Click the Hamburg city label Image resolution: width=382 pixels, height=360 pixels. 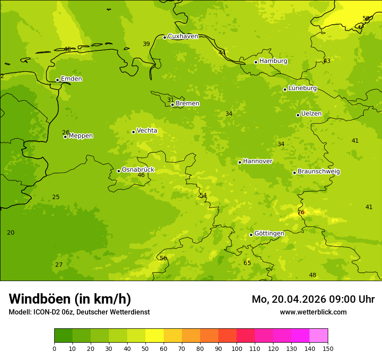click(273, 61)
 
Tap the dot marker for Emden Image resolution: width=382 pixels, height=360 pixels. click(57, 80)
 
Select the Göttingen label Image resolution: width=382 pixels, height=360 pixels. click(269, 234)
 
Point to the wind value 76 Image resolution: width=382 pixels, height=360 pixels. click(301, 213)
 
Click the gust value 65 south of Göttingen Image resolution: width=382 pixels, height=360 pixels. click(247, 263)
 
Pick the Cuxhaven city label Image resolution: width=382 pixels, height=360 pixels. click(183, 36)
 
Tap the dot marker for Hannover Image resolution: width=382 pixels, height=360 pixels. click(240, 162)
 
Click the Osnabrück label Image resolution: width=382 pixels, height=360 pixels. click(138, 170)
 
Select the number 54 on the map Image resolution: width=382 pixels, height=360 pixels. click(203, 196)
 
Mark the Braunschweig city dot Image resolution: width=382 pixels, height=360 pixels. click(294, 173)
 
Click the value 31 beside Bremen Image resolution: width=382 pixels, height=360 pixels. click(171, 100)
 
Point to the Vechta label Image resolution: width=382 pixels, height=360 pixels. click(147, 131)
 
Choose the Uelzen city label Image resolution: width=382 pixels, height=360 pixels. click(311, 114)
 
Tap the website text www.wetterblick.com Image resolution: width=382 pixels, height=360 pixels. click(313, 312)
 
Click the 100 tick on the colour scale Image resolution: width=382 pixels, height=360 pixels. click(237, 348)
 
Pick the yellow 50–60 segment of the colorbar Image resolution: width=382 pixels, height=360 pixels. click(155, 336)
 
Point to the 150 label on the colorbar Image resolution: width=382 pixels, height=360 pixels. click(328, 348)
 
